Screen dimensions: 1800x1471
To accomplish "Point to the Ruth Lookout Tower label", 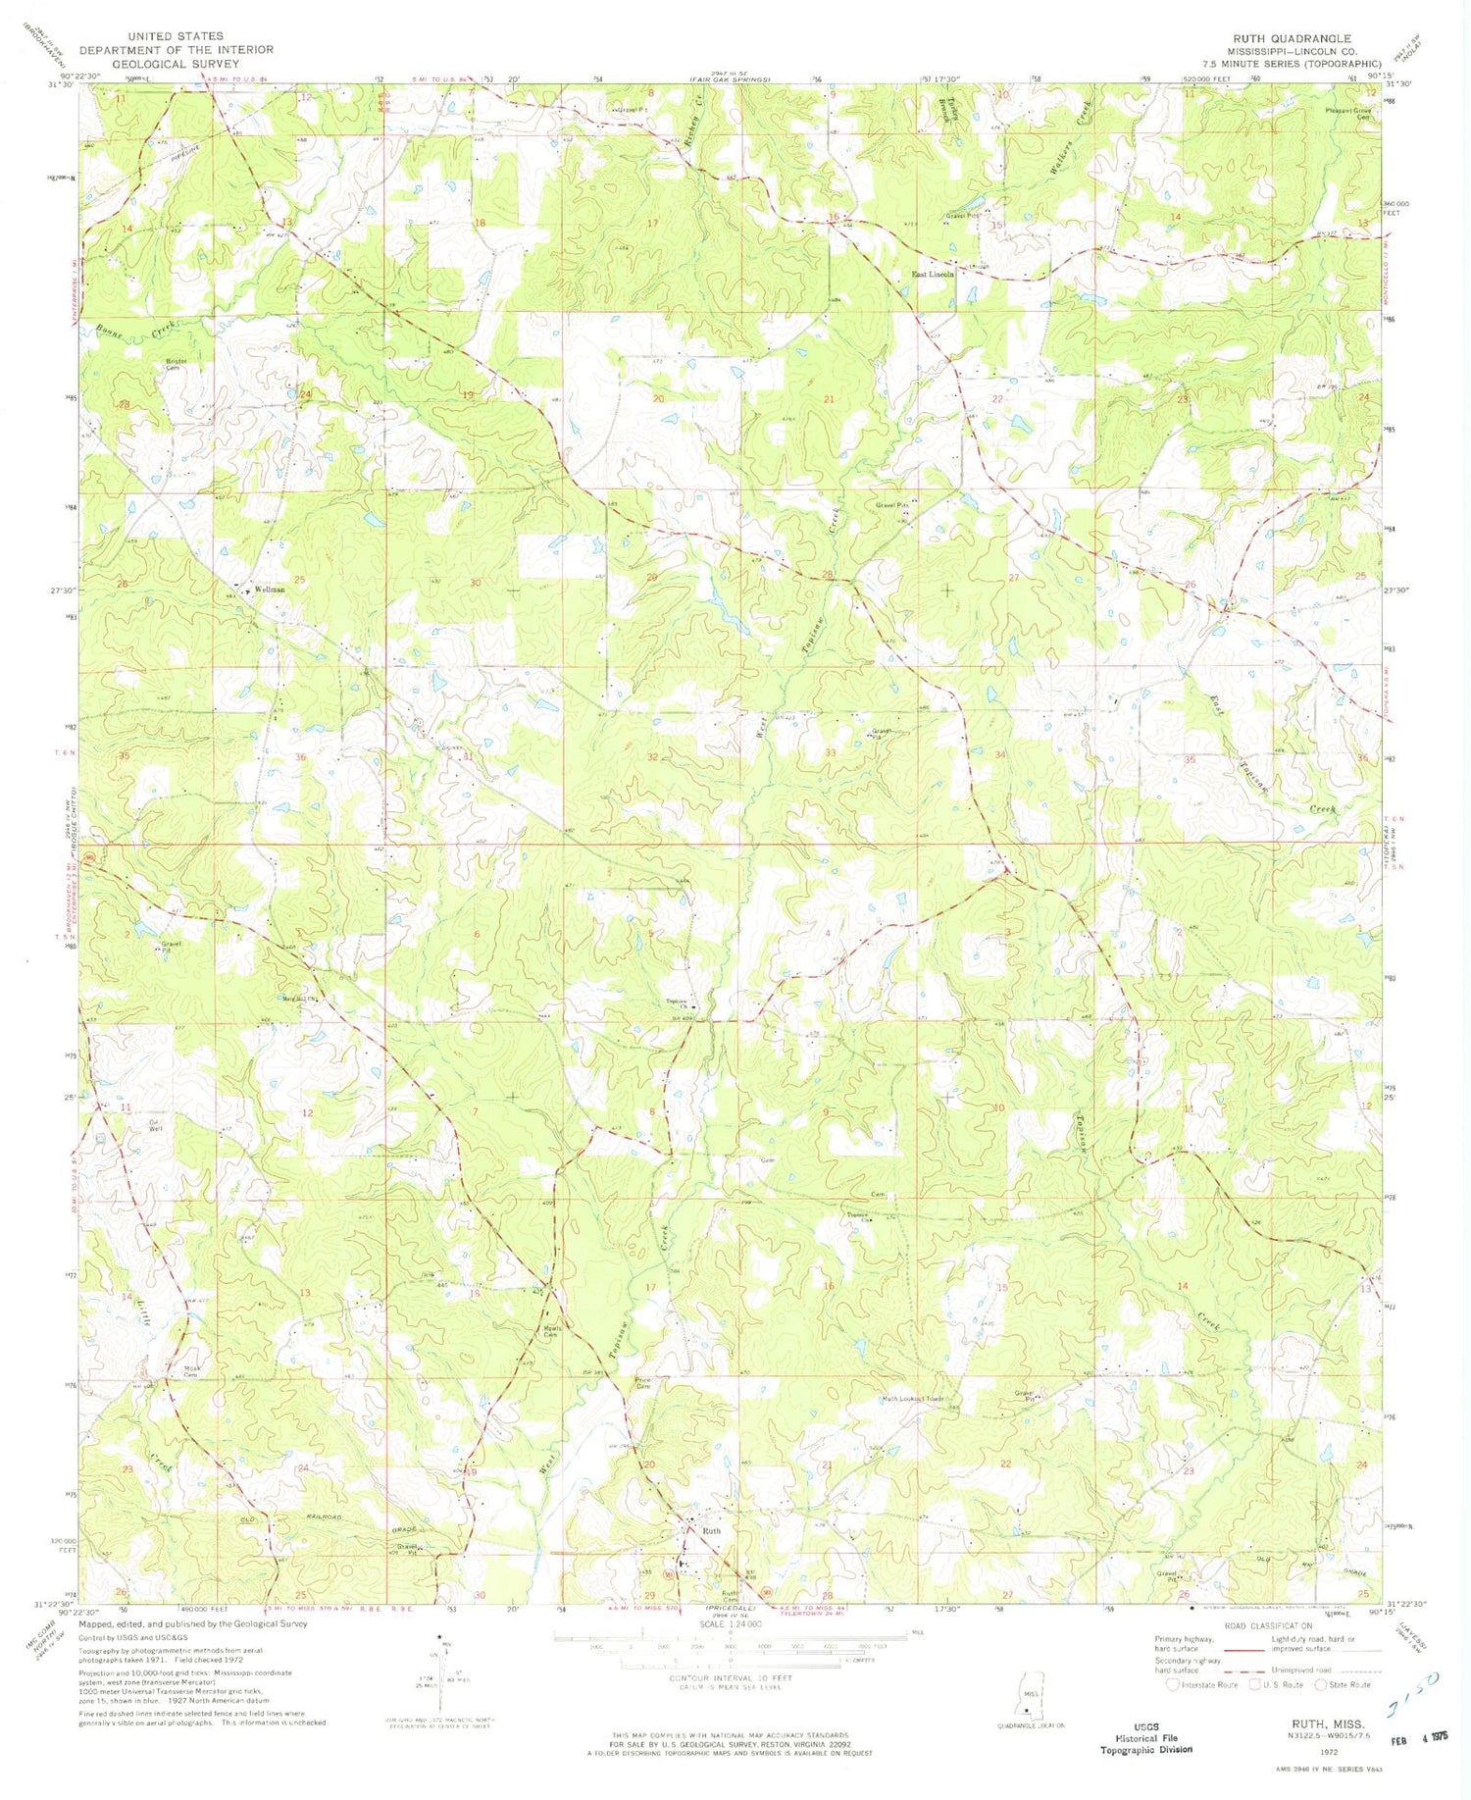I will pyautogui.click(x=918, y=1399).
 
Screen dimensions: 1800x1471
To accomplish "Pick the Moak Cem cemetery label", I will pyautogui.click(x=192, y=1371).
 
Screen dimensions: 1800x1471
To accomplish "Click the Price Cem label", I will pyautogui.click(x=643, y=1383).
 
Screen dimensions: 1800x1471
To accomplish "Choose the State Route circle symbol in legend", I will pyautogui.click(x=1321, y=1684).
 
